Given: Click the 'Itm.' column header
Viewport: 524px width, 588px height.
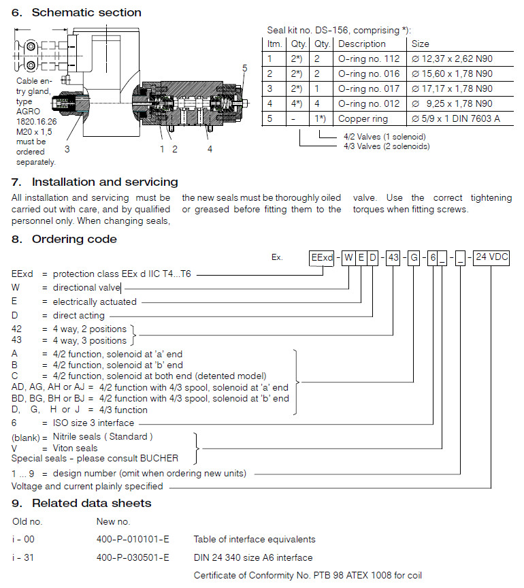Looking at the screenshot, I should [x=274, y=44].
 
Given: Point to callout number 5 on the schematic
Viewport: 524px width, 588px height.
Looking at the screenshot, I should [x=245, y=67].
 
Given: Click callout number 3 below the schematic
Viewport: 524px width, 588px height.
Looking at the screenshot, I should [x=67, y=148].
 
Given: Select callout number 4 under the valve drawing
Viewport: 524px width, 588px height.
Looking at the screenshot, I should [x=210, y=148].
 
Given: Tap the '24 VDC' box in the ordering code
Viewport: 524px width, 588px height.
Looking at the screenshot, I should [x=491, y=258].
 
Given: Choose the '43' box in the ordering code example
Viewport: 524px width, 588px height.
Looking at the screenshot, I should [x=393, y=258].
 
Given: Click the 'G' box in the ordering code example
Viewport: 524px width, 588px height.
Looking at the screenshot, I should [x=413, y=258].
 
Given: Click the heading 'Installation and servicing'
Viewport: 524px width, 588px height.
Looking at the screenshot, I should [x=105, y=182].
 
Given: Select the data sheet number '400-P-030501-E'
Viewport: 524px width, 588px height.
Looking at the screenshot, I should [x=133, y=557].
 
